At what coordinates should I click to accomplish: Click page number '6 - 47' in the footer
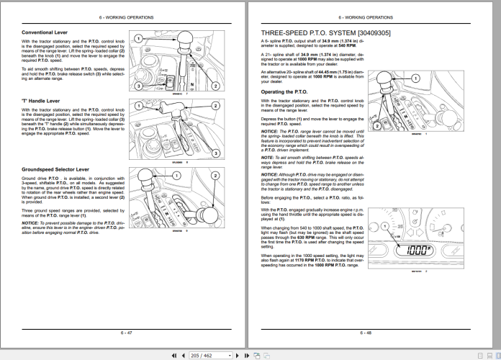(127, 332)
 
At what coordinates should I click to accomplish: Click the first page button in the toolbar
(173, 355)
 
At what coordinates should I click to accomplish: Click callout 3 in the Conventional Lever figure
(137, 86)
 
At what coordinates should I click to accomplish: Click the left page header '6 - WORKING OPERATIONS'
(127, 17)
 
